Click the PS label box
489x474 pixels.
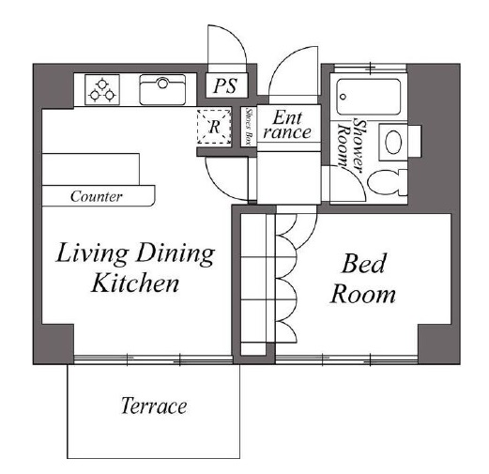pyautogui.click(x=227, y=85)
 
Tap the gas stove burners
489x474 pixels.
pyautogui.click(x=102, y=90)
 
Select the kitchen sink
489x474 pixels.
pyautogui.click(x=162, y=90)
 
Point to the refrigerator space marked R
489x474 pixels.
pyautogui.click(x=214, y=127)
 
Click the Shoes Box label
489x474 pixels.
pyautogui.click(x=249, y=127)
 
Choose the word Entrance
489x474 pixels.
pyautogui.click(x=287, y=125)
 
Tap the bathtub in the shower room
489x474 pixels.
pyautogui.click(x=369, y=97)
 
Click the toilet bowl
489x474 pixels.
pyautogui.click(x=388, y=182)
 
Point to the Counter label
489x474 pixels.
pyautogui.click(x=97, y=196)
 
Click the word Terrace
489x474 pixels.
pyautogui.click(x=154, y=405)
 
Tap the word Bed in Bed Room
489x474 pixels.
pyautogui.click(x=363, y=264)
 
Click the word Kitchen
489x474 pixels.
pyautogui.click(x=135, y=283)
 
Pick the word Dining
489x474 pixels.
pyautogui.click(x=176, y=254)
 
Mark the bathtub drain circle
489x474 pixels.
pyautogui.click(x=344, y=97)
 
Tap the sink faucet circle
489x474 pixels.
pyautogui.click(x=162, y=84)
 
